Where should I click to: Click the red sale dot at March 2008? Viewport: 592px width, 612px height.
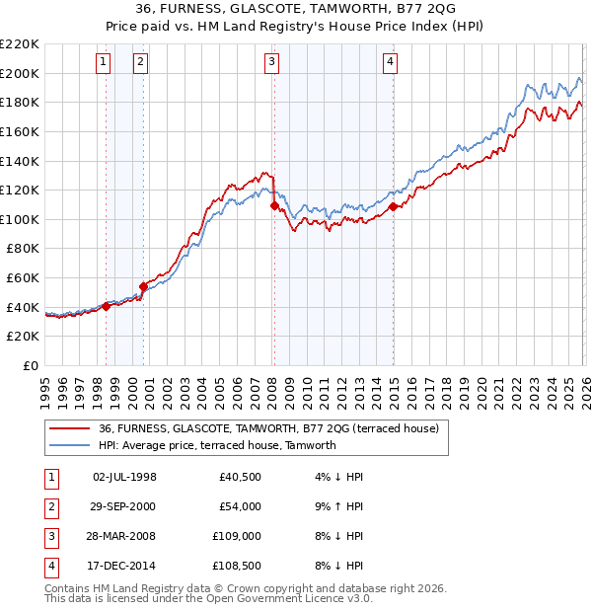pos(274,206)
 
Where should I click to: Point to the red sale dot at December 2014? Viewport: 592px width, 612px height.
pos(394,206)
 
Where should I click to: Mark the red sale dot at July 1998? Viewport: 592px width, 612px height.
pos(107,306)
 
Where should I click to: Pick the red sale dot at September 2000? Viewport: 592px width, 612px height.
pos(144,286)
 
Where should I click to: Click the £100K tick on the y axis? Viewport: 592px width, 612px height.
pos(20,219)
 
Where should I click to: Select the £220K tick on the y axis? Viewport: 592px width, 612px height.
pos(20,44)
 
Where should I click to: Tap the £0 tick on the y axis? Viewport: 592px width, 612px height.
pos(31,365)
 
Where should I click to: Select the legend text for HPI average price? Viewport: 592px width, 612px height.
pos(217,445)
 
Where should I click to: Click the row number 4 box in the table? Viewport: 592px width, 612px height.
pos(48,566)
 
